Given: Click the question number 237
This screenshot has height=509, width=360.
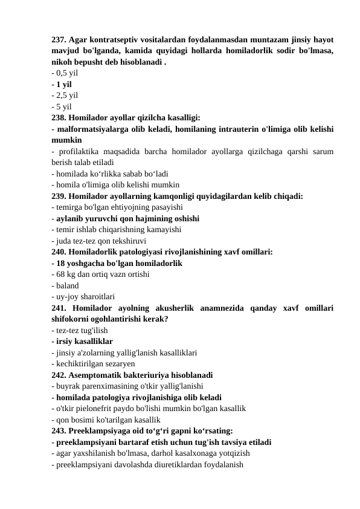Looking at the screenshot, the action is point(60,40).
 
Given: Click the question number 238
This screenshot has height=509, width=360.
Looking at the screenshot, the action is point(60,117).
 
